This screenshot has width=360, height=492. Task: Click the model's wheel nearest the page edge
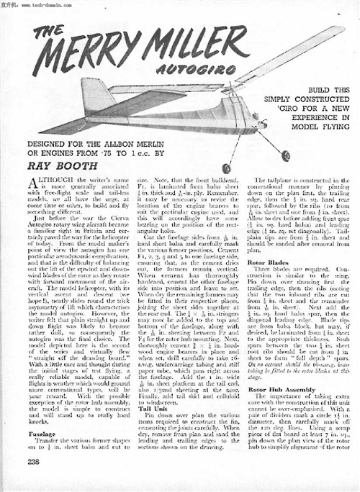[286, 155]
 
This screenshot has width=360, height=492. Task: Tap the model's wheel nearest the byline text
[226, 168]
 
